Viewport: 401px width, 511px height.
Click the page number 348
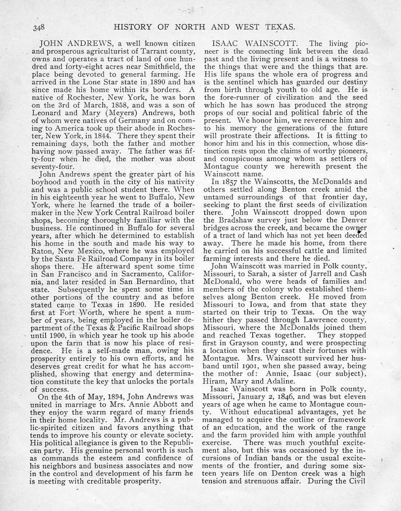coord(38,27)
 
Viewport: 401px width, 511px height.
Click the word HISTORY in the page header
coord(133,27)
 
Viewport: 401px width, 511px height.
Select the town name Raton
coord(42,251)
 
